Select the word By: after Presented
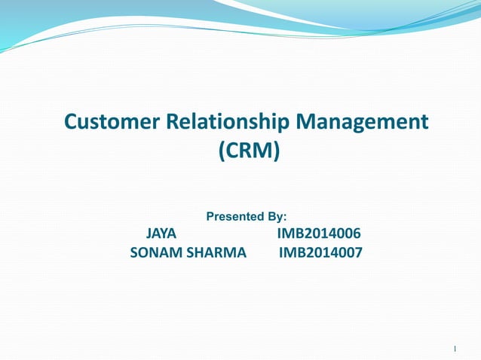click(275, 217)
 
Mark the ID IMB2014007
click(320, 253)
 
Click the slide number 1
click(456, 349)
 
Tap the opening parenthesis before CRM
click(221, 152)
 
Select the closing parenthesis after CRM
click(275, 152)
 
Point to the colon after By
click(284, 218)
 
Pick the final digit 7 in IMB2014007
click(358, 253)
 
